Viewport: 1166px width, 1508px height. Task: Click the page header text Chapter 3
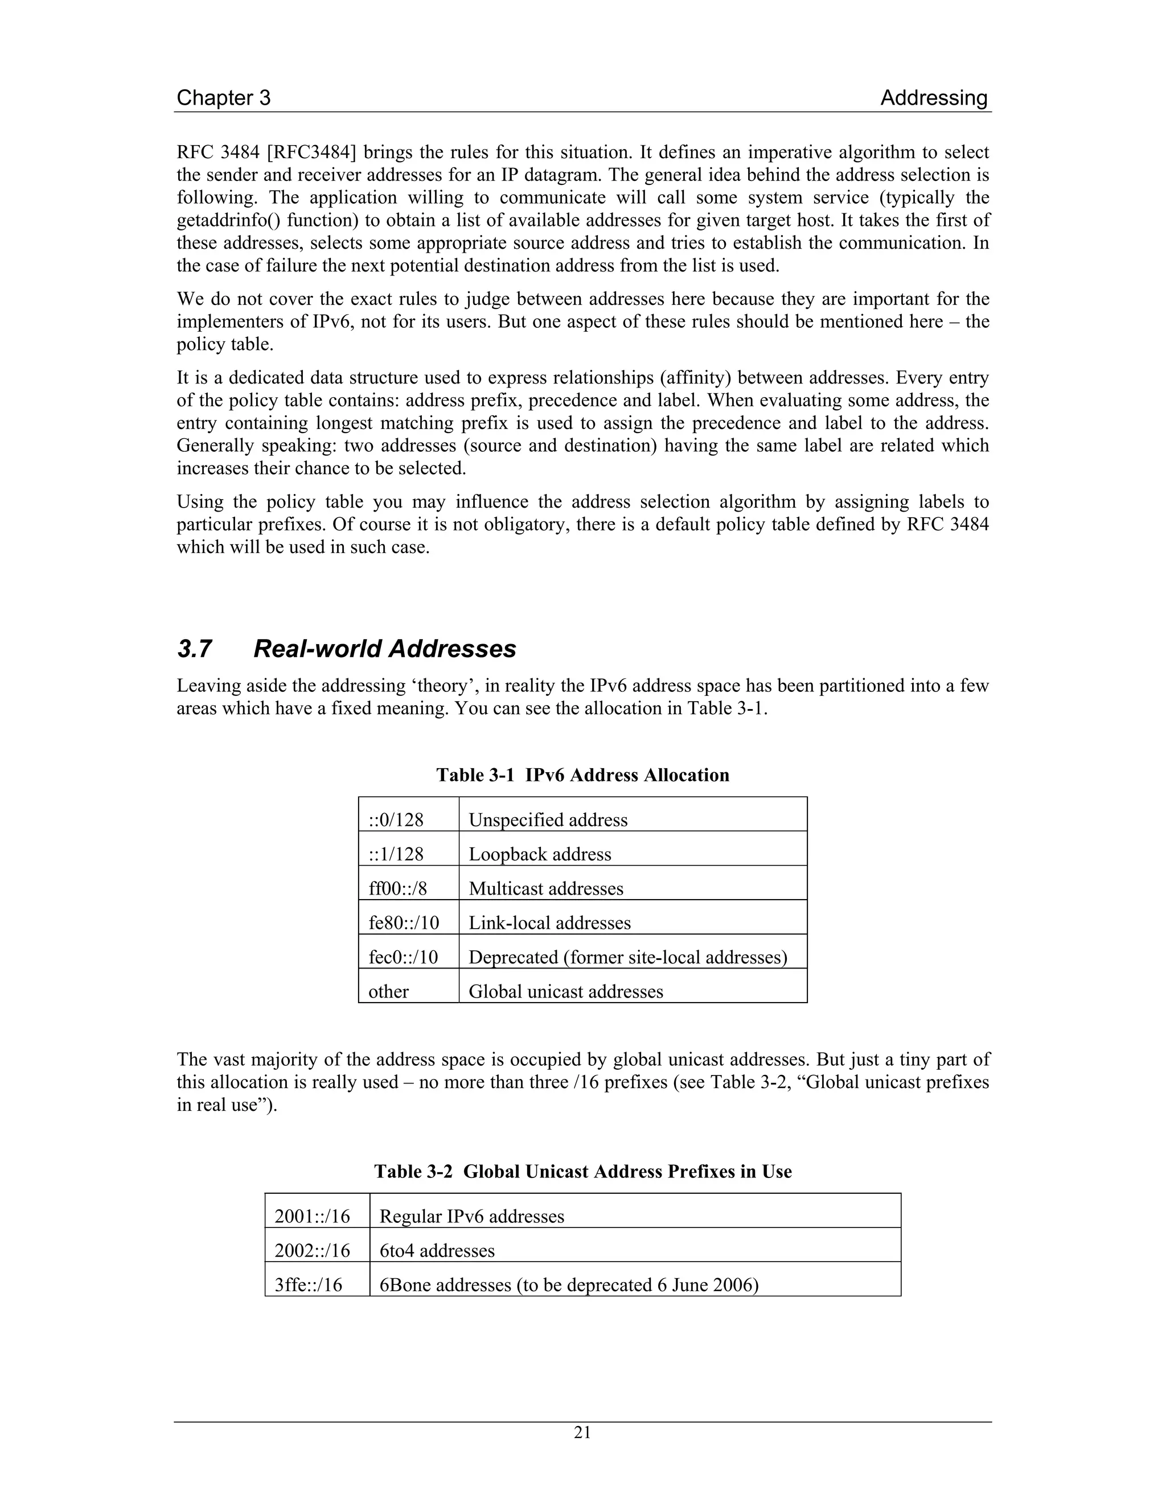pos(223,98)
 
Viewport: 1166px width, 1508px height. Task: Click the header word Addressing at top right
pos(933,98)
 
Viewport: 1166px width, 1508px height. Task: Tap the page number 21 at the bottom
pos(582,1433)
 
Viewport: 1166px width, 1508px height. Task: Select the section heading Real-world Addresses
pos(385,649)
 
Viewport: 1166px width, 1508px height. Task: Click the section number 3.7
pos(194,649)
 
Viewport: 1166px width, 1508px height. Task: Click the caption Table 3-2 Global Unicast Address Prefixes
pos(582,1171)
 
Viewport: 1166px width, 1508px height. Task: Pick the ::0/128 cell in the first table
pos(396,819)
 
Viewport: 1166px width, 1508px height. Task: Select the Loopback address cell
pos(540,854)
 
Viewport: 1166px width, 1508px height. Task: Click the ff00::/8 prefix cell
pos(398,889)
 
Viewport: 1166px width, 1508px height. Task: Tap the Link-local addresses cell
pos(549,923)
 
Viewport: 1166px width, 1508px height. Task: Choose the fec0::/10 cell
pos(404,957)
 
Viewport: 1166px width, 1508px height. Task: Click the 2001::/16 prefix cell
pos(312,1216)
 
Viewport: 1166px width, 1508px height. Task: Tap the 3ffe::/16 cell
pos(308,1285)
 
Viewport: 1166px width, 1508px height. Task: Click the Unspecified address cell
pos(548,819)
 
